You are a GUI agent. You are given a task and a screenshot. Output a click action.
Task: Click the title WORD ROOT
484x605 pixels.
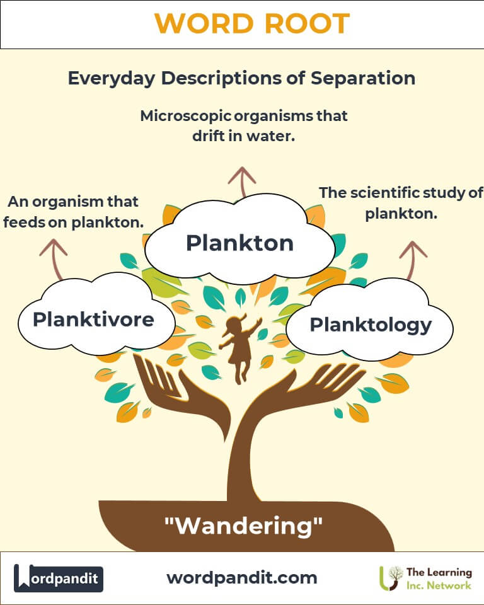click(x=252, y=24)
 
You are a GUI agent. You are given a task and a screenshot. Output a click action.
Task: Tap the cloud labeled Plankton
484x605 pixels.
click(x=239, y=243)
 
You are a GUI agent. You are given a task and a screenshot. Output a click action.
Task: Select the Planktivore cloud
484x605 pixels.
click(x=93, y=320)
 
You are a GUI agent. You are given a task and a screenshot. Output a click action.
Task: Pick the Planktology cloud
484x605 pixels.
click(x=371, y=325)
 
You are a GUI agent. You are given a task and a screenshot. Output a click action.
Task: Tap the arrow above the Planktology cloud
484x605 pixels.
click(x=413, y=258)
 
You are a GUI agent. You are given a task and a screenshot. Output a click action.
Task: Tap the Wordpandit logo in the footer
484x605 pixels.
click(x=59, y=578)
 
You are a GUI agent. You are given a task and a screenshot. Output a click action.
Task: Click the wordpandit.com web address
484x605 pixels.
click(x=242, y=577)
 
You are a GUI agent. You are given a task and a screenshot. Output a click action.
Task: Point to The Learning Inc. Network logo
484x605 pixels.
click(x=425, y=578)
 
